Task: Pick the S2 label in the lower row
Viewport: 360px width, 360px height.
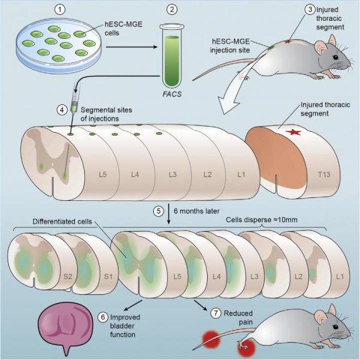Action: (68, 277)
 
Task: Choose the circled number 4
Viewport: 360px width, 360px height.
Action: (62, 110)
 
